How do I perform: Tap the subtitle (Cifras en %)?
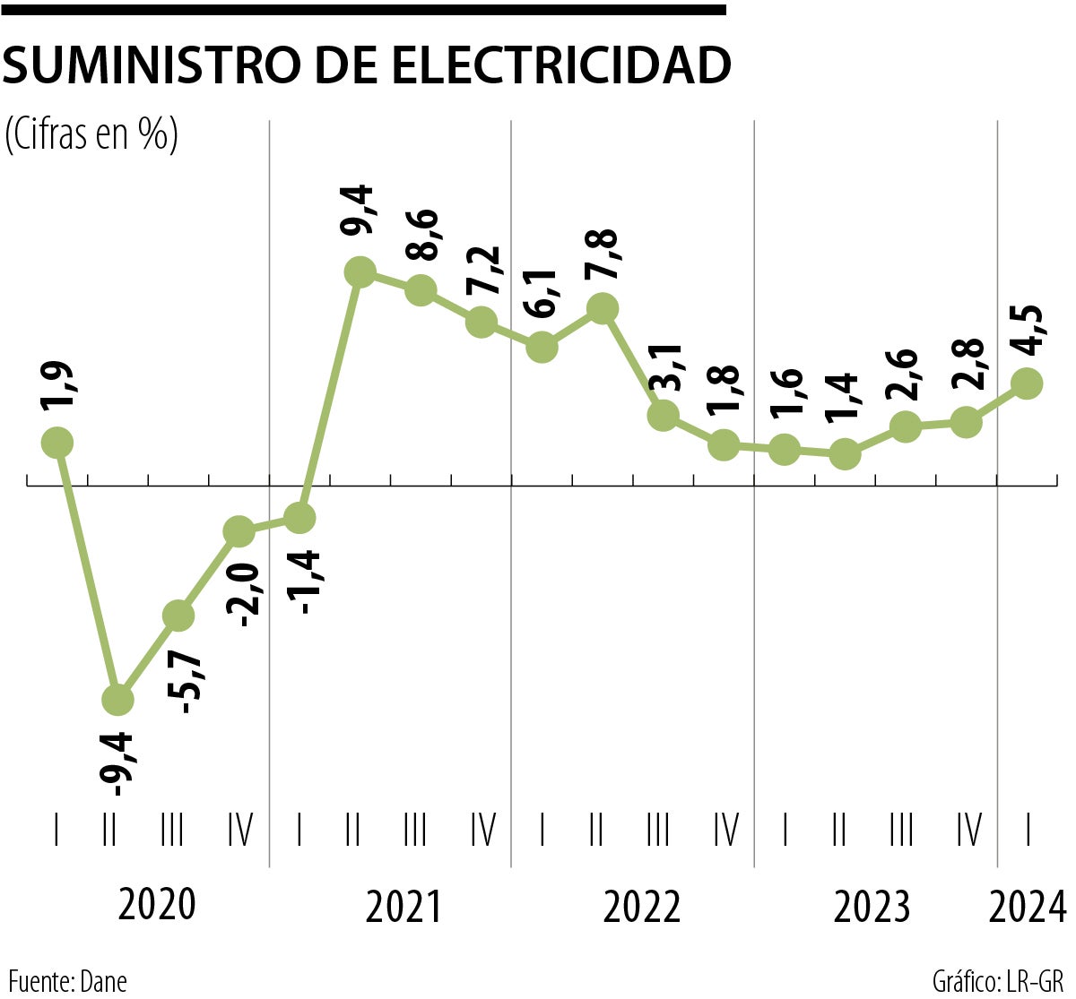(x=91, y=133)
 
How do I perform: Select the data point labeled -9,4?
(x=117, y=699)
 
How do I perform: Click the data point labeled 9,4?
(x=360, y=271)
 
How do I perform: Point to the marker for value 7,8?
(x=603, y=308)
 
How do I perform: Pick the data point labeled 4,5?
(x=1027, y=383)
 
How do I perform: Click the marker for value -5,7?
(x=178, y=615)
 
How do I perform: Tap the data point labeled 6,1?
(x=542, y=346)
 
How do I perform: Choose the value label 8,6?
(x=422, y=234)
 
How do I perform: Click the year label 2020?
(x=156, y=905)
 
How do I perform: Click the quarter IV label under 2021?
(x=482, y=831)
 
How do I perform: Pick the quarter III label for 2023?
(x=901, y=831)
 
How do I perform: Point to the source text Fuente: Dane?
(x=68, y=981)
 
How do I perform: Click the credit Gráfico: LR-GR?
(x=997, y=981)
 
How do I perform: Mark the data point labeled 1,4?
(x=844, y=453)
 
